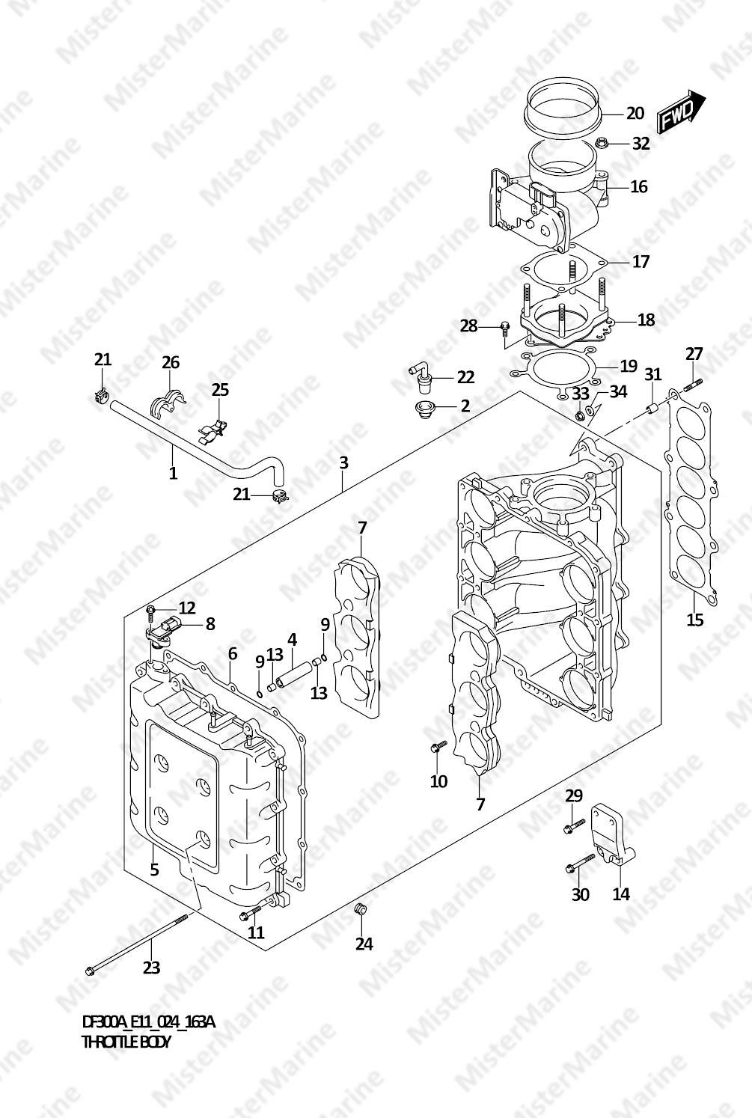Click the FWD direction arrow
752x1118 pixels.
tap(681, 112)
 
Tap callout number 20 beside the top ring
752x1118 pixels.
tap(635, 113)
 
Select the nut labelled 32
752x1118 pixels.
tap(602, 144)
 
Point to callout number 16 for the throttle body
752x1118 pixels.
tap(639, 186)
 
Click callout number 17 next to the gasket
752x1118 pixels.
tap(641, 261)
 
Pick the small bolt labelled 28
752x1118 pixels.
tap(505, 328)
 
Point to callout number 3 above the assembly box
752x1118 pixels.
tap(343, 462)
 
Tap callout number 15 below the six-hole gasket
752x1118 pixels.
tap(694, 620)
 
